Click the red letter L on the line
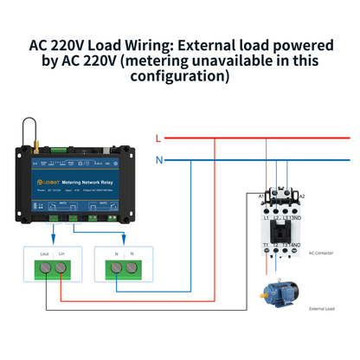point(157,138)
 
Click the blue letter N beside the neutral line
point(158,160)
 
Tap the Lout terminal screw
point(45,269)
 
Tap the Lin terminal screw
point(63,269)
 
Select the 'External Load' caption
point(322,307)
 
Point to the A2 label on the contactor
point(301,196)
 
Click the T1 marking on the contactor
point(264,246)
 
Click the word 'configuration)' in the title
point(180,76)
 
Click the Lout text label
point(44,253)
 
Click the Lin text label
point(62,253)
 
